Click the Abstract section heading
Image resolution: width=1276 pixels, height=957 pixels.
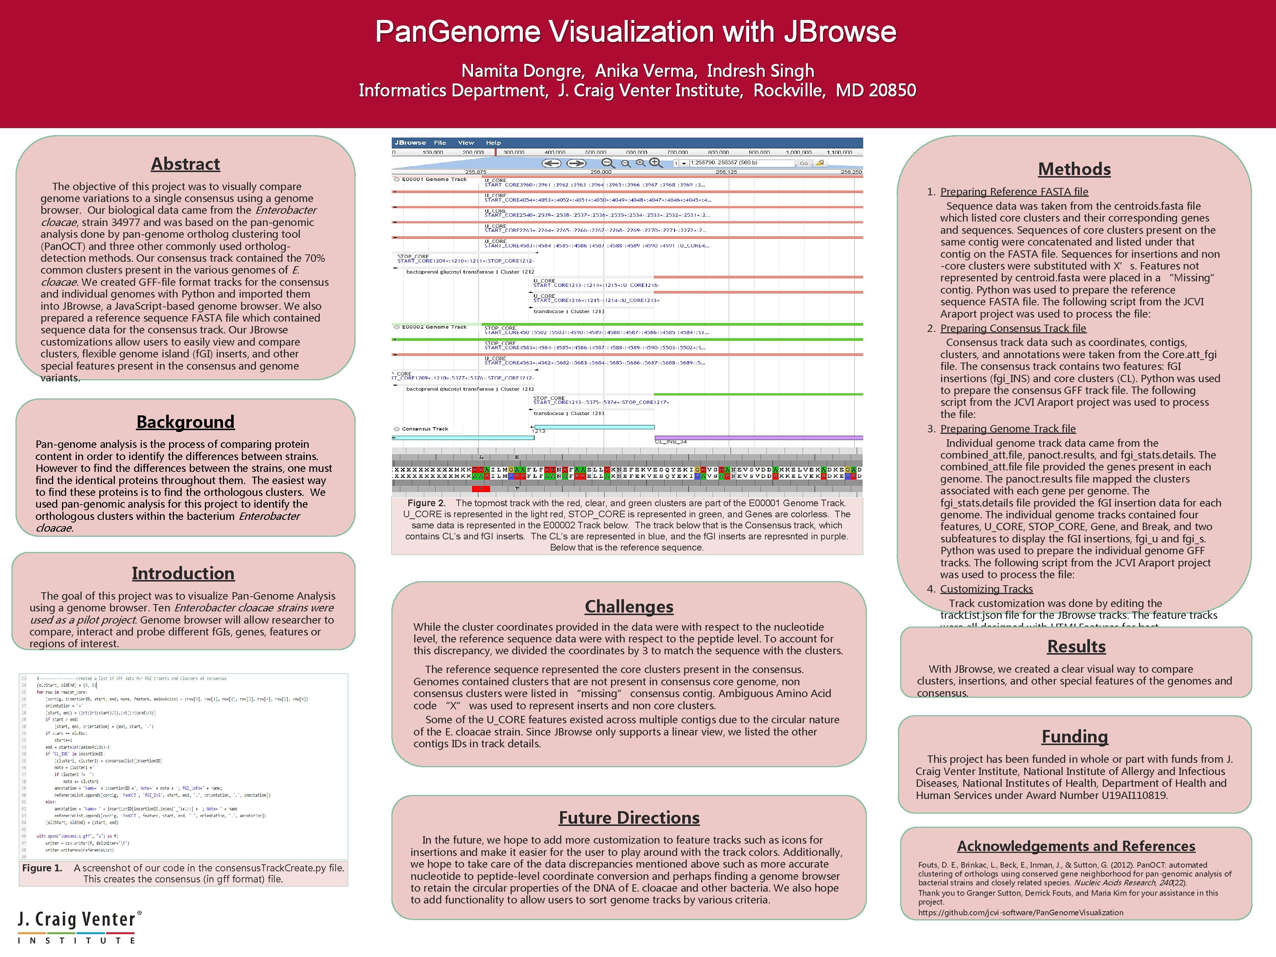[185, 164]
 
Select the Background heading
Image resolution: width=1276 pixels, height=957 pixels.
[185, 422]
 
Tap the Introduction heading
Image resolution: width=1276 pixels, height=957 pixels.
[183, 573]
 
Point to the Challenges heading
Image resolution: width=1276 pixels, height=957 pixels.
[629, 607]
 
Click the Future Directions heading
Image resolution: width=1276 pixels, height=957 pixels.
[629, 818]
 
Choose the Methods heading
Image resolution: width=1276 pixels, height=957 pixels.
[1074, 169]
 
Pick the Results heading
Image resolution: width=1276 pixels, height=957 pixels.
[1076, 646]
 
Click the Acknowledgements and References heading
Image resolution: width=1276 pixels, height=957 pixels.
[1076, 846]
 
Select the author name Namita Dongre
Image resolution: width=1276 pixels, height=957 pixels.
[523, 71]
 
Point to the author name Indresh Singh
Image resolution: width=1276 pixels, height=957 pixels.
[760, 71]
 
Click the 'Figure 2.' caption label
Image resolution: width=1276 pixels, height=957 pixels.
[426, 503]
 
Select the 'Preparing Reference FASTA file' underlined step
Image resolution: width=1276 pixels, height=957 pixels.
[1014, 192]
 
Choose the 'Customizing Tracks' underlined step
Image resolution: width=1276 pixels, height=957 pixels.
[987, 589]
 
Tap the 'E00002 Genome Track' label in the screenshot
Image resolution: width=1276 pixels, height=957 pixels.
[434, 327]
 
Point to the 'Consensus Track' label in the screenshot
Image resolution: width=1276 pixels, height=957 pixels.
[425, 429]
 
